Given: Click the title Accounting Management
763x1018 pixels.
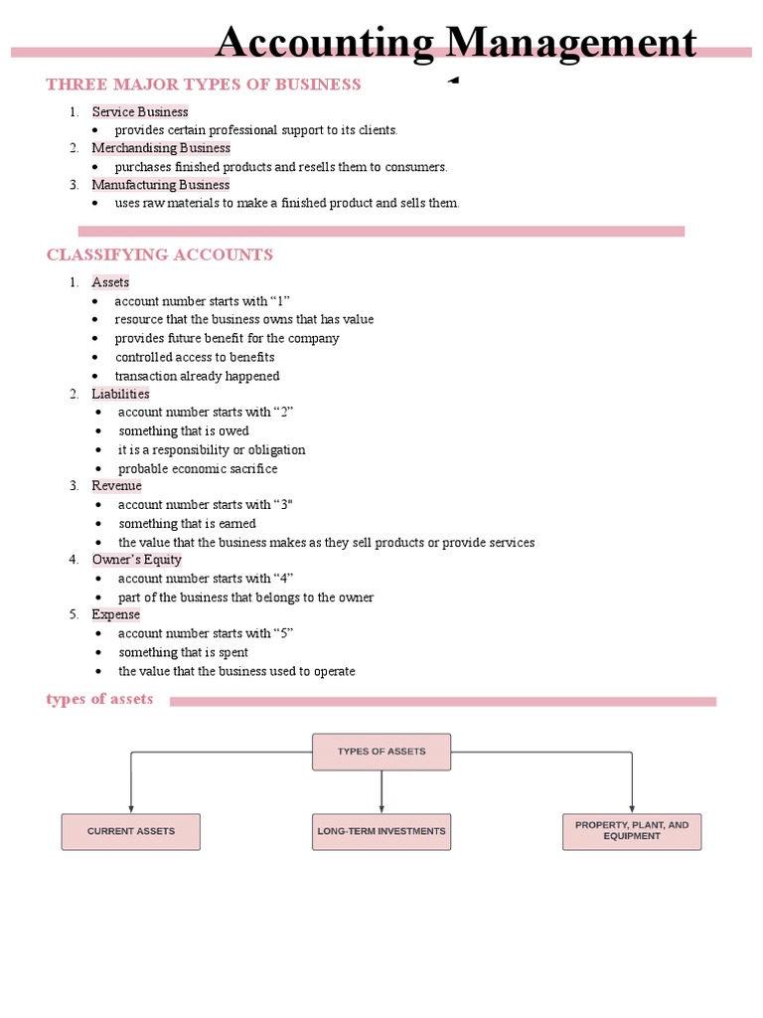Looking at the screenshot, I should pos(456,44).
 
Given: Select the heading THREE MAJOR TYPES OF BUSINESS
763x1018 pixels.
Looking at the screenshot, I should pos(204,85).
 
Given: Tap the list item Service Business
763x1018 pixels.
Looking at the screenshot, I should pos(140,111).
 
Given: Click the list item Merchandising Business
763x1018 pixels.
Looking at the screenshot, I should pos(161,148).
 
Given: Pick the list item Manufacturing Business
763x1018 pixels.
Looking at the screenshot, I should pos(161,185).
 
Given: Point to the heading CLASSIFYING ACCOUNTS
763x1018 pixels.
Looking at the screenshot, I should pos(160,255).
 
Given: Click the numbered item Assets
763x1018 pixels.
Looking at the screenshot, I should pos(110,282).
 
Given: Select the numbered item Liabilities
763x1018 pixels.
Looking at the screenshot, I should pos(120,394).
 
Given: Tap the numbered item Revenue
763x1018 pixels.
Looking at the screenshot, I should pos(116,486).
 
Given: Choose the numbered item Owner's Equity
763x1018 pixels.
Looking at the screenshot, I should pos(137,560).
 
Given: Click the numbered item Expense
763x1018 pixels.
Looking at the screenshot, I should pos(116,614).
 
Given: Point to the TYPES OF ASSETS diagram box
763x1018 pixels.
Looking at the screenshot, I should pos(381,752).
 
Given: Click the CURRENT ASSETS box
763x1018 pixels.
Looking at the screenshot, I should pos(131,831).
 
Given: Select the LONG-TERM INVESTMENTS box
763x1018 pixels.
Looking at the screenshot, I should pos(381,831).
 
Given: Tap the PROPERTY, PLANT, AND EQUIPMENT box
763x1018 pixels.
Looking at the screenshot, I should pos(632,831).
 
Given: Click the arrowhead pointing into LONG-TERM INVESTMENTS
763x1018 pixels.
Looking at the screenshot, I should pos(381,808).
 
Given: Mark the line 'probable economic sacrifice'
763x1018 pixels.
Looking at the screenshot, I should pos(198,468).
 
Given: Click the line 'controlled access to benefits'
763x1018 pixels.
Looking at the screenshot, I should pos(195,357).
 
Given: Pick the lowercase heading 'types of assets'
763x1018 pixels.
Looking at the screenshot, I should pos(99,700).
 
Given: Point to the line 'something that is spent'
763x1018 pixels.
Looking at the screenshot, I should pos(184,652).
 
